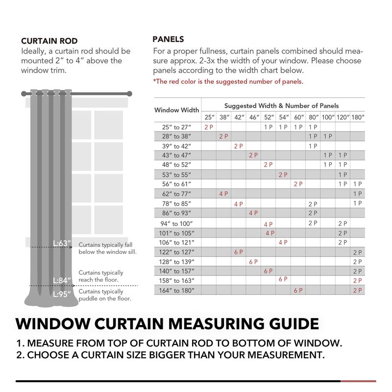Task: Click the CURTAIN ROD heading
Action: point(49,41)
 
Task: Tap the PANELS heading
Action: point(168,39)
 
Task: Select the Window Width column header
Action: point(176,110)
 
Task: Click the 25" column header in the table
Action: point(209,118)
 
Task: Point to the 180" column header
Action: point(357,118)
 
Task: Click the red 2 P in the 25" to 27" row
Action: point(209,127)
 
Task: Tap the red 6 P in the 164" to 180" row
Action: point(298,291)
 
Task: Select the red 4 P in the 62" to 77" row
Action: point(224,194)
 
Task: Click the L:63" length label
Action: point(63,244)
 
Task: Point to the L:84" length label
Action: point(62,280)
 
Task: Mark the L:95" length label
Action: point(62,294)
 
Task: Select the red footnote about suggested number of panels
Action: point(228,81)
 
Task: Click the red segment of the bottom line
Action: point(358,381)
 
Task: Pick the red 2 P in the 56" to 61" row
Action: point(298,184)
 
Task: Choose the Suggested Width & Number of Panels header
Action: point(281,106)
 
